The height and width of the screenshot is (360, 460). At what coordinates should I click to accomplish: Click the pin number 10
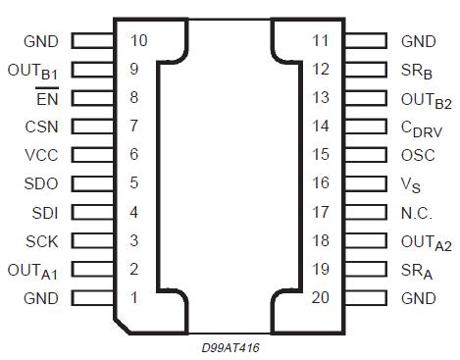138,41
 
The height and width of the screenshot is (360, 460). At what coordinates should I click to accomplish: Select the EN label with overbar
46,98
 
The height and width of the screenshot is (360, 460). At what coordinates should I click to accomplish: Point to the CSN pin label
41,127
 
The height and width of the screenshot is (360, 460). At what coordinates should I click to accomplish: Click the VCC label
41,155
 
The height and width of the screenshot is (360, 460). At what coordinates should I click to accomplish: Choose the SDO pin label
41,183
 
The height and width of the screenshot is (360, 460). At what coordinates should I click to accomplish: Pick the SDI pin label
43,212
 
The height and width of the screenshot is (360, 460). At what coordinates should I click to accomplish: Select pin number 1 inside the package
133,297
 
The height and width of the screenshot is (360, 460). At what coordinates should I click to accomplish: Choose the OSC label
417,155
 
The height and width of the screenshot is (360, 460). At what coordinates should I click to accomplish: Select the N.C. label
418,212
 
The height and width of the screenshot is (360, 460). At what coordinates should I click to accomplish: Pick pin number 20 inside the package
321,297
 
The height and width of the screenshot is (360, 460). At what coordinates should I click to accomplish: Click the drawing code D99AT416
230,346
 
